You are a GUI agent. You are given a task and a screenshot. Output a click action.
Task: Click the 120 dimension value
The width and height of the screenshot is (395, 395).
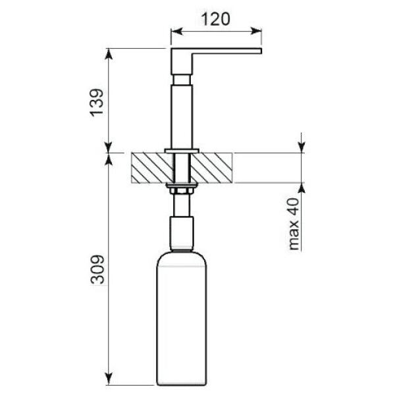[x=216, y=19]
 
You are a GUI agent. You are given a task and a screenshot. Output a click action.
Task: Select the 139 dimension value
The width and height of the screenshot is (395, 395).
[x=97, y=103]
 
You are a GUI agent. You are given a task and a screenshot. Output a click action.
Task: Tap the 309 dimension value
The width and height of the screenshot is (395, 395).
[x=97, y=269]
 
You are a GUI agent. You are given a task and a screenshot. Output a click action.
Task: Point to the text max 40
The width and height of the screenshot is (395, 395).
[x=294, y=224]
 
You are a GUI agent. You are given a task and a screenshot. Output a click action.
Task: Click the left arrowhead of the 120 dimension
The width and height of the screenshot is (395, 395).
[x=176, y=32]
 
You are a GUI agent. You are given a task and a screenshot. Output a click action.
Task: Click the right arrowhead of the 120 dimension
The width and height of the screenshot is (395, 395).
[x=256, y=31]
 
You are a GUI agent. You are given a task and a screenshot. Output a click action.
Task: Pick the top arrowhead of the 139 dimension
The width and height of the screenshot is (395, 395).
[x=109, y=54]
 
